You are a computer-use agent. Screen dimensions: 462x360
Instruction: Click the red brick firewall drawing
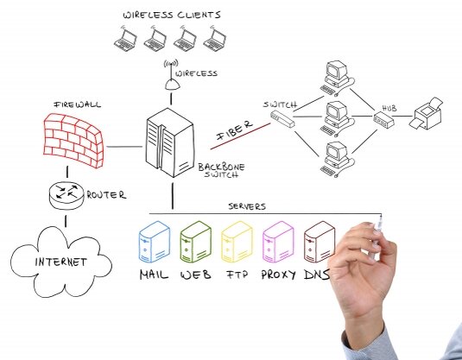[73, 141]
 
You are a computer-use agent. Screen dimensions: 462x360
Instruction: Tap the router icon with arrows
[66, 196]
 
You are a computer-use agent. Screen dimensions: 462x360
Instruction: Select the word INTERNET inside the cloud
[61, 262]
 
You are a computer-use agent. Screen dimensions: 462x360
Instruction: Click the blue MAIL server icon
[155, 242]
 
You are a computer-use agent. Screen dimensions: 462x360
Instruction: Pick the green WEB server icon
[196, 242]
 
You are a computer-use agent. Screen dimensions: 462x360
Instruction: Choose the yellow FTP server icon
[237, 242]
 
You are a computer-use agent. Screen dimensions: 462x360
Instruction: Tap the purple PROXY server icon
[278, 242]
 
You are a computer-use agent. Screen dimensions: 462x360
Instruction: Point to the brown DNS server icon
[320, 242]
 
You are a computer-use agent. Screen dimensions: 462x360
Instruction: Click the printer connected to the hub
[426, 114]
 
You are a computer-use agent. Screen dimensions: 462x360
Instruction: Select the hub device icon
[383, 120]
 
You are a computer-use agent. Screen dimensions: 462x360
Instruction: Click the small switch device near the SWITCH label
[282, 119]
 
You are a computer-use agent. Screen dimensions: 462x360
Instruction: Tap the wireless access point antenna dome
[172, 85]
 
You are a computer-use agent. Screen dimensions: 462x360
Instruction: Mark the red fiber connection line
[240, 136]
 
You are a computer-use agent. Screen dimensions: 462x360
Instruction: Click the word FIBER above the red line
[235, 130]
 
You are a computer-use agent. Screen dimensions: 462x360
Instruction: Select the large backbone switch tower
[170, 143]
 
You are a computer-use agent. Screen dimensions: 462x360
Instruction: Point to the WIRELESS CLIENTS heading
[172, 15]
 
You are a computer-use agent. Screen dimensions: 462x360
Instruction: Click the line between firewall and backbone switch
[124, 147]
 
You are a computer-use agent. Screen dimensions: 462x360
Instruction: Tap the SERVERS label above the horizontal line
[247, 206]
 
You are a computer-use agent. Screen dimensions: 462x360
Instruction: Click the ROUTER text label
[106, 195]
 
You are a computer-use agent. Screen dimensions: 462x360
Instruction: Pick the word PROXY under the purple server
[278, 275]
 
